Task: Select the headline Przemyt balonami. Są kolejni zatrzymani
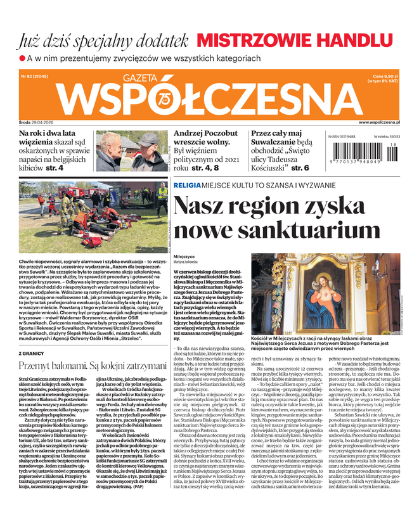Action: (93, 366)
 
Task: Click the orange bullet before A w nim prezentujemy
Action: (22, 58)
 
